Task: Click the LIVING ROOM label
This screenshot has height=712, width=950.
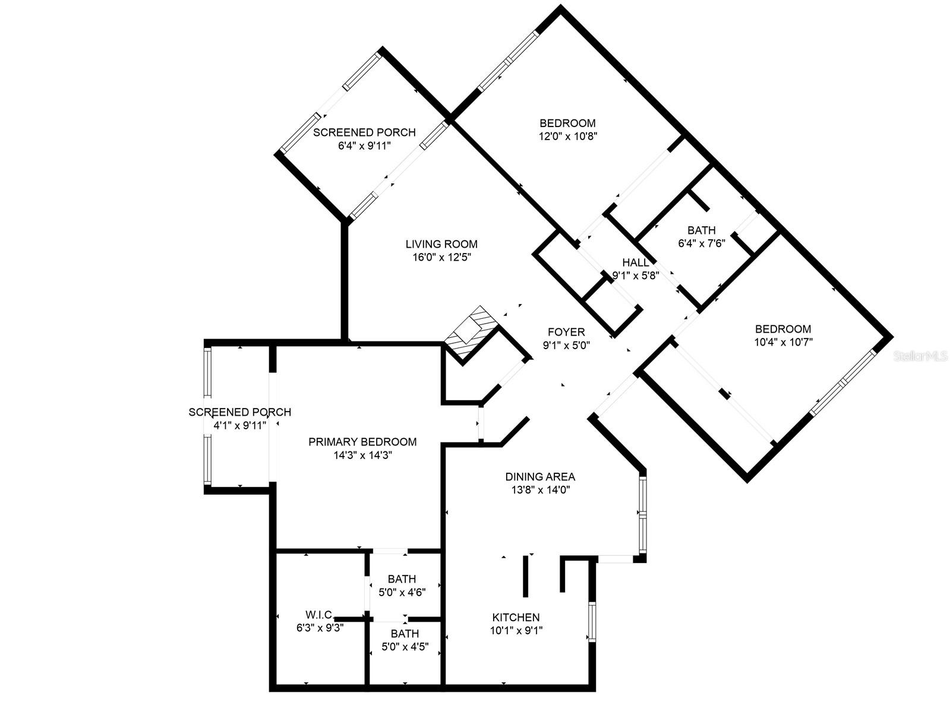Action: point(441,244)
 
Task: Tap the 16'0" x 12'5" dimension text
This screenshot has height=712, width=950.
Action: point(441,257)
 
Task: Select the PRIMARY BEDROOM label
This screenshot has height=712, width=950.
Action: point(362,442)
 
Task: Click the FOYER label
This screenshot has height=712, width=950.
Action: point(566,332)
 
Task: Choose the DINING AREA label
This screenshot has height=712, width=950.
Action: point(540,477)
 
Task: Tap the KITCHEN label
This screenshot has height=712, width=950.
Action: point(516,618)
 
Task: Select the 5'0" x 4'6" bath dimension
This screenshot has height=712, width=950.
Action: point(402,591)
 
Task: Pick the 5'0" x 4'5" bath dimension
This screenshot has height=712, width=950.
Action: point(405,646)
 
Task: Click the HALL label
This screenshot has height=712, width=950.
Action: point(636,262)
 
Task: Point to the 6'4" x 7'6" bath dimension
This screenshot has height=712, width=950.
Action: point(702,243)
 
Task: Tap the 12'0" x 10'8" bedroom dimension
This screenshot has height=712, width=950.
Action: point(567,136)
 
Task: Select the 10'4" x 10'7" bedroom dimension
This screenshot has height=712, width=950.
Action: point(783,342)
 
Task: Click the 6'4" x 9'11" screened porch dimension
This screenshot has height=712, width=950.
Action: point(364,145)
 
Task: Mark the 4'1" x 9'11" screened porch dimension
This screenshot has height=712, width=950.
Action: point(240,425)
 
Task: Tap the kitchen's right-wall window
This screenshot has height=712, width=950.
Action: point(592,622)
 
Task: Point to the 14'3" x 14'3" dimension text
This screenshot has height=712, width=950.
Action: point(362,455)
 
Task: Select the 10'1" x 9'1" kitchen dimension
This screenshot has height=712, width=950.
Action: point(516,631)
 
